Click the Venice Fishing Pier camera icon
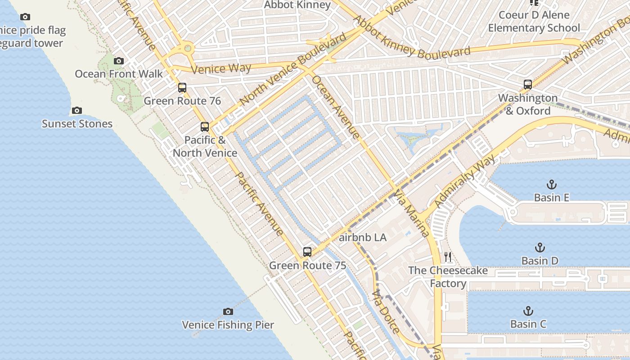click(x=228, y=311)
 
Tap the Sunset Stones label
click(x=77, y=124)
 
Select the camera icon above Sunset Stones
click(x=77, y=110)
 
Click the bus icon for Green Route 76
click(x=182, y=88)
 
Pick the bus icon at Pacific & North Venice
click(x=205, y=126)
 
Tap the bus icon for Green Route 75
click(x=307, y=252)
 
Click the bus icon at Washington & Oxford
click(x=527, y=84)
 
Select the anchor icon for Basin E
click(x=551, y=184)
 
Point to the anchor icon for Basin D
click(x=540, y=247)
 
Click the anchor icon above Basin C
click(x=528, y=311)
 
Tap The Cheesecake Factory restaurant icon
click(x=448, y=257)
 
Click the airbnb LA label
click(x=362, y=238)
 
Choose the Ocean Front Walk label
click(x=119, y=74)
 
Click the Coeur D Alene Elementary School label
click(x=534, y=21)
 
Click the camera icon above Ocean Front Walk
click(x=119, y=61)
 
